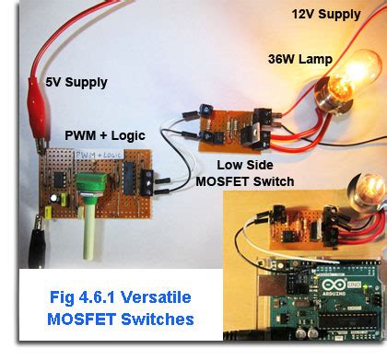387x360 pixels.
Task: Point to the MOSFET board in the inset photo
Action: click(294, 221)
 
